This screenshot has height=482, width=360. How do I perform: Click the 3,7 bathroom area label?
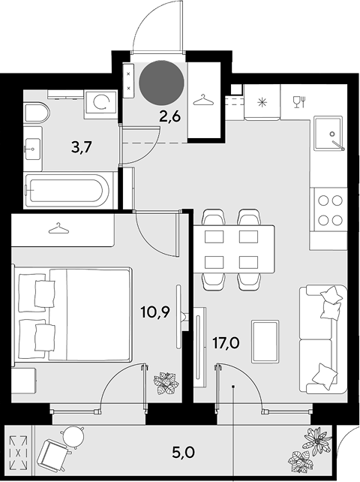pyautogui.click(x=82, y=148)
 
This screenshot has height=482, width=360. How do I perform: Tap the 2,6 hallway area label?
pyautogui.click(x=169, y=117)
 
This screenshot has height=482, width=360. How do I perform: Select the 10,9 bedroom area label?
pyautogui.click(x=155, y=312)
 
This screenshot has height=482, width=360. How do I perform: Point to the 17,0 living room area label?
pyautogui.click(x=226, y=343)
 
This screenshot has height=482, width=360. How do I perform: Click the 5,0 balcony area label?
pyautogui.click(x=184, y=453)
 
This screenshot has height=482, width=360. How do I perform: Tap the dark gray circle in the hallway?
pyautogui.click(x=161, y=82)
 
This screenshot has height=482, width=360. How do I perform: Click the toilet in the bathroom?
pyautogui.click(x=37, y=113)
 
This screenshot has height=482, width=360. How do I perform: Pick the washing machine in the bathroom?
pyautogui.click(x=100, y=104)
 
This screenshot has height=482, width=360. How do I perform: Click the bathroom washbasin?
pyautogui.click(x=32, y=149)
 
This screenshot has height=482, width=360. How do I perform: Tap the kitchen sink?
pyautogui.click(x=328, y=133)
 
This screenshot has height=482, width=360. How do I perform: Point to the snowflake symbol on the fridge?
pyautogui.click(x=262, y=102)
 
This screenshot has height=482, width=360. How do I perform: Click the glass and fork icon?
pyautogui.click(x=299, y=102)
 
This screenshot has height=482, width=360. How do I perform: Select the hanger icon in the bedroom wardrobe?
pyautogui.click(x=58, y=228)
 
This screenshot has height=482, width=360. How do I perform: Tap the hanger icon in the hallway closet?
pyautogui.click(x=203, y=100)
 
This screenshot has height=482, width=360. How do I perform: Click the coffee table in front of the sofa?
pyautogui.click(x=265, y=342)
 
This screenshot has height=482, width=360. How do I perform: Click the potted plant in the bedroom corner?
pyautogui.click(x=166, y=383)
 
